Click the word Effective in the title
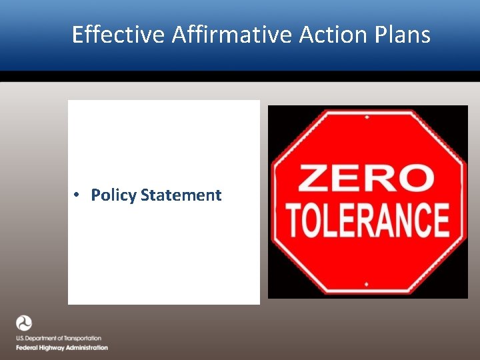tap(117, 34)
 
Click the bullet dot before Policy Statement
tap(77, 195)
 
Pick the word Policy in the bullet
tap(114, 195)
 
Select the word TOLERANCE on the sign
tap(367, 221)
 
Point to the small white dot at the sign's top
tap(366, 117)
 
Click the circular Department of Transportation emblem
tap(24, 323)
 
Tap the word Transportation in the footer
tap(81, 339)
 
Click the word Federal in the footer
tap(27, 347)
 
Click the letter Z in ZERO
tap(313, 179)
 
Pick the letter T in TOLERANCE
tap(293, 221)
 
